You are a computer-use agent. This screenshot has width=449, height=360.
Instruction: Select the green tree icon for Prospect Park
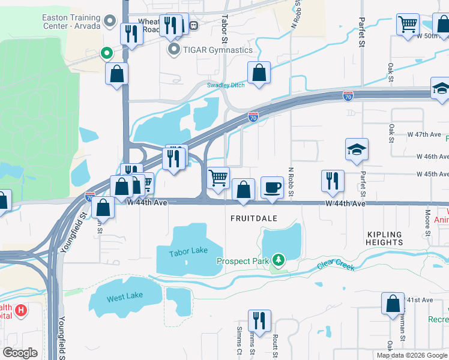click(278, 260)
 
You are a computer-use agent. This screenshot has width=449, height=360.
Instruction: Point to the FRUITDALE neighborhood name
click(255, 218)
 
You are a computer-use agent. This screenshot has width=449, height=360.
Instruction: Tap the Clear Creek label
click(337, 265)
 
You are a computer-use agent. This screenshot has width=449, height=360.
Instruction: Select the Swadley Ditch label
click(226, 85)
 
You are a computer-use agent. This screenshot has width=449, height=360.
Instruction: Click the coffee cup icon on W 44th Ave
click(272, 188)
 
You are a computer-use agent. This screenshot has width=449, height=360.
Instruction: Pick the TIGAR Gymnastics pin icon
click(175, 50)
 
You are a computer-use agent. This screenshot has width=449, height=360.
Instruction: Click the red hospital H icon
click(21, 310)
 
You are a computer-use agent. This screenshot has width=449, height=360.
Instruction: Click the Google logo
click(20, 353)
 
